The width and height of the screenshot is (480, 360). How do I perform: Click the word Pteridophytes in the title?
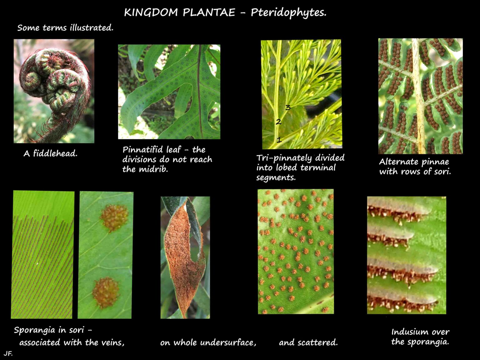point(288,12)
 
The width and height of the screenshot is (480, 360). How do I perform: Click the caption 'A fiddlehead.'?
point(50,153)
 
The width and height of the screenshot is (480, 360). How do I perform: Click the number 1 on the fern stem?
point(279,140)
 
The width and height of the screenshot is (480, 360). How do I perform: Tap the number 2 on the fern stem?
point(278,122)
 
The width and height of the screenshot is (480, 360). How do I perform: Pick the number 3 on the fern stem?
point(288,107)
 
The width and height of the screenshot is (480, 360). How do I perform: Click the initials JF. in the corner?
point(8,354)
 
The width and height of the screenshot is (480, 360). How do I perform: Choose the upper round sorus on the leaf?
point(114,217)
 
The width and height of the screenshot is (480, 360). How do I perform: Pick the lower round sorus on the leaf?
point(106,292)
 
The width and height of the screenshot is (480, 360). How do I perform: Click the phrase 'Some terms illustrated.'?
point(65,27)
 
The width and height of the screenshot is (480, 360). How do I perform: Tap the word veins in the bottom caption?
point(113,342)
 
